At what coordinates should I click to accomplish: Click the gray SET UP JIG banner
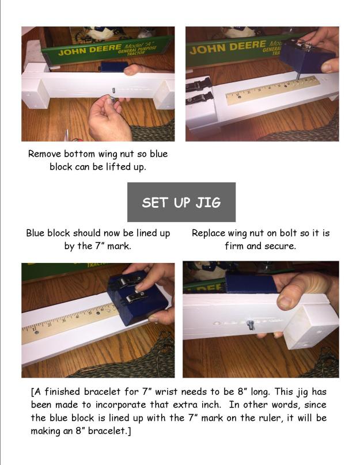pyautogui.click(x=181, y=202)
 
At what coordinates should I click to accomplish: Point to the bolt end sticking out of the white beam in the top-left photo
pyautogui.click(x=113, y=90)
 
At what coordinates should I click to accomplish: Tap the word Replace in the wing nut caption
pyautogui.click(x=210, y=233)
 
